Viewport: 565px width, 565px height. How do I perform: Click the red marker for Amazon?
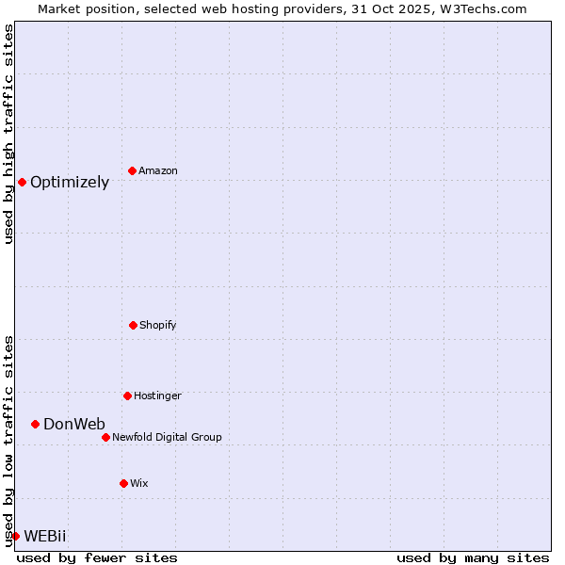tap(132, 170)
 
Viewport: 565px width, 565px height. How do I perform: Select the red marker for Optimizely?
tap(22, 182)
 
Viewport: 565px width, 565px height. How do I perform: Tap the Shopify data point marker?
tap(133, 325)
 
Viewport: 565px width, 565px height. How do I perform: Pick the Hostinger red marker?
tap(127, 395)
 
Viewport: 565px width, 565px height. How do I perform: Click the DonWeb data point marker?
tap(35, 424)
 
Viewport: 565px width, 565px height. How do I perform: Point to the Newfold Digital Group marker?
tap(105, 437)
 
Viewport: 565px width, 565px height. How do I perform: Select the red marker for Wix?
tap(123, 483)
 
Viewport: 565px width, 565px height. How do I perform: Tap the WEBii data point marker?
tap(15, 536)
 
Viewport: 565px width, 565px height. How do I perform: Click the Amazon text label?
tap(158, 170)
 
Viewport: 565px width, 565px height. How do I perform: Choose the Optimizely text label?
tap(70, 183)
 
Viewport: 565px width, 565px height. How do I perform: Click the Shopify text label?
tap(158, 325)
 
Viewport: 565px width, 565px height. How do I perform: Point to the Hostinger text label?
tap(157, 395)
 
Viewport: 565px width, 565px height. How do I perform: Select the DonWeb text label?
tap(74, 425)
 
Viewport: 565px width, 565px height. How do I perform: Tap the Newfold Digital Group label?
tap(167, 437)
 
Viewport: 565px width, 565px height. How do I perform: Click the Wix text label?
tap(139, 483)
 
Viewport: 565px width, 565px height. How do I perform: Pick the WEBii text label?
tap(45, 537)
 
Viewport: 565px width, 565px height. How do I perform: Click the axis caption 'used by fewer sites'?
tap(97, 557)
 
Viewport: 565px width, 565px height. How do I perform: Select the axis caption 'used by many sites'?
tap(473, 557)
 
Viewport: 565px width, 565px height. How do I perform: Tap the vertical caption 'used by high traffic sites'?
tap(8, 134)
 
